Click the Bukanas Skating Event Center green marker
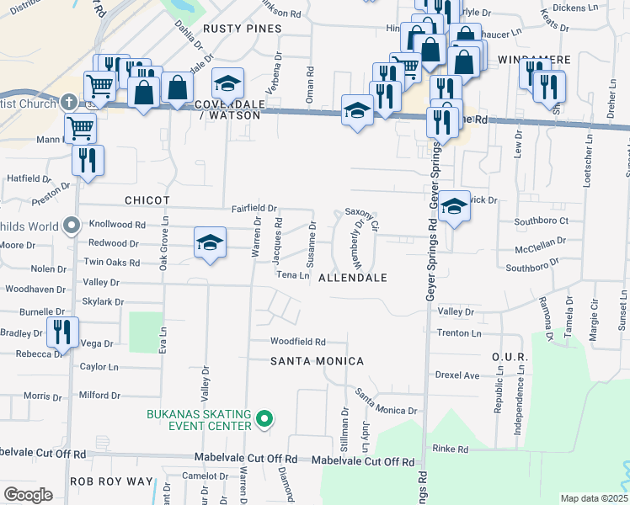click(x=264, y=418)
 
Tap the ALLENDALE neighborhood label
click(x=353, y=278)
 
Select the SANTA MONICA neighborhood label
click(x=317, y=361)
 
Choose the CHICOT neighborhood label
click(x=147, y=201)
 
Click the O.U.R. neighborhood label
click(x=510, y=358)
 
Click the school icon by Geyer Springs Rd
click(x=453, y=205)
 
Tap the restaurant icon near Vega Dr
click(x=62, y=332)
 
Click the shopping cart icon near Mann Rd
click(x=80, y=129)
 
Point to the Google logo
click(x=28, y=495)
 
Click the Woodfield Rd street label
click(x=297, y=342)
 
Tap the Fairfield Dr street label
click(x=255, y=208)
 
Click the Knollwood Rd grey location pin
click(x=72, y=226)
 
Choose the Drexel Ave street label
click(x=456, y=375)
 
